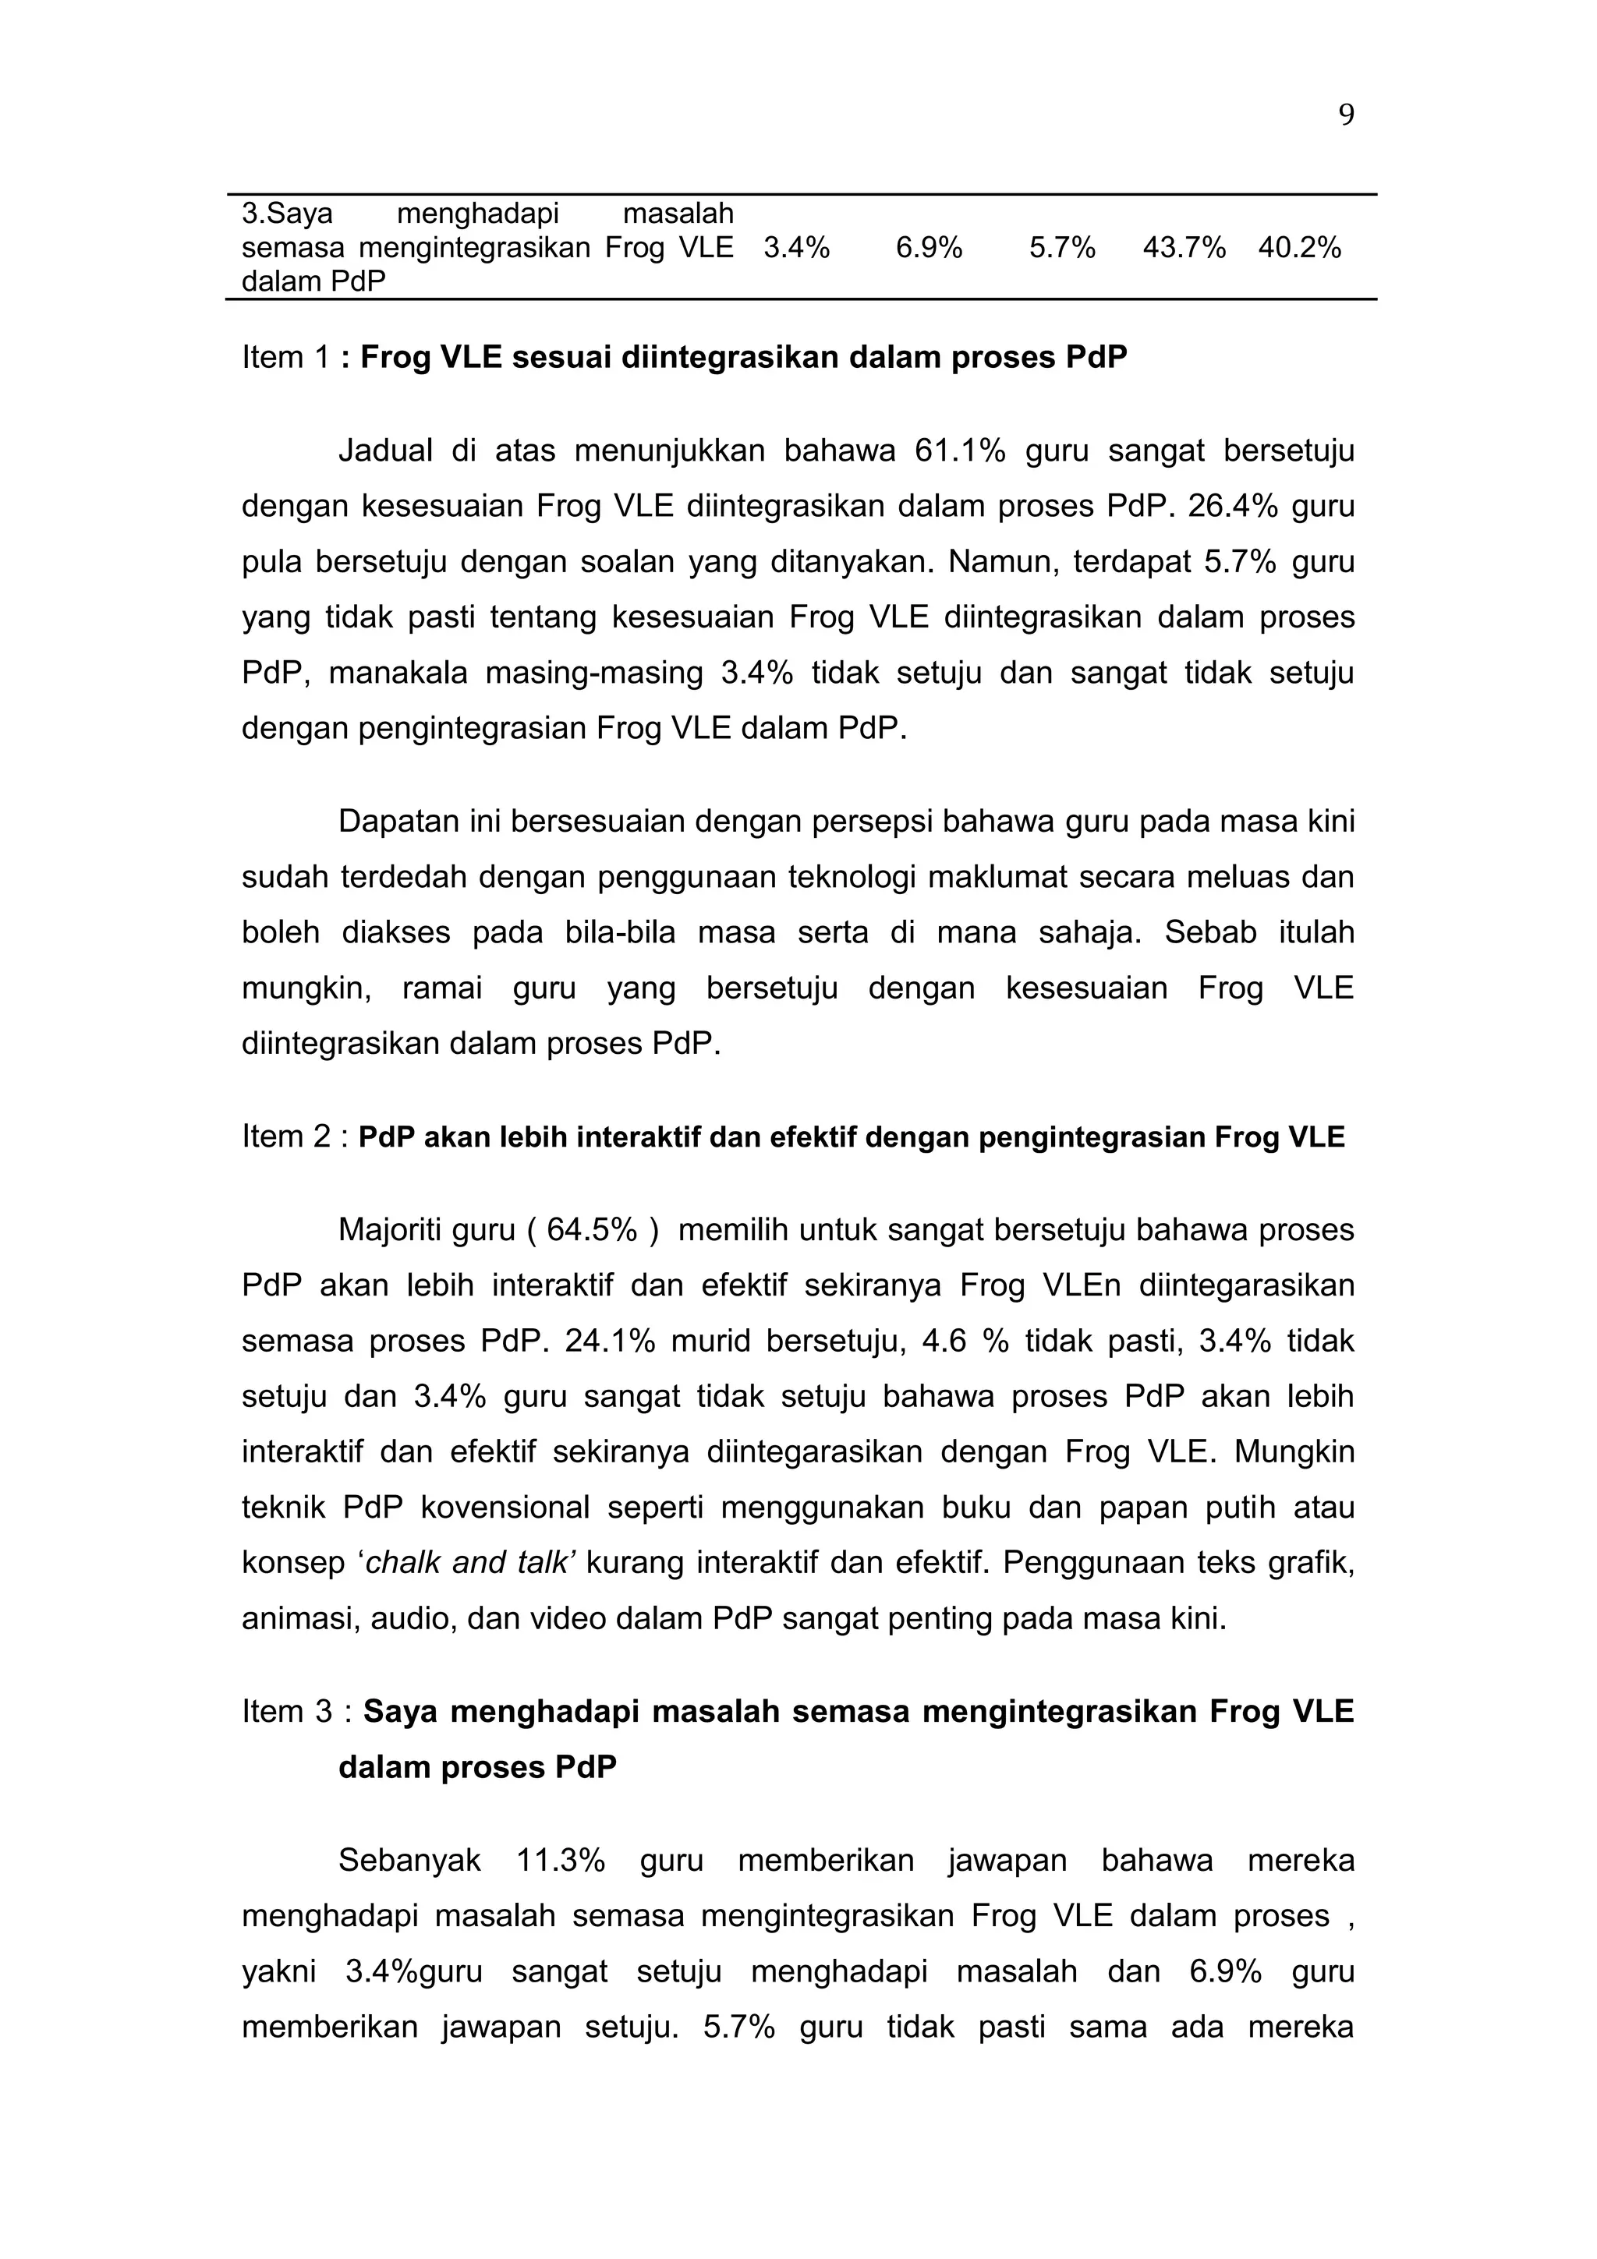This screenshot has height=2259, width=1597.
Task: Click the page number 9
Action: pyautogui.click(x=1346, y=116)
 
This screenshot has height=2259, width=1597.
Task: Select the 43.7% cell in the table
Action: pyautogui.click(x=1184, y=248)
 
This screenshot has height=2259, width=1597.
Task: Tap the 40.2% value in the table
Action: pyautogui.click(x=1299, y=248)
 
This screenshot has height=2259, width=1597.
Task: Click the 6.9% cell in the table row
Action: pyautogui.click(x=928, y=248)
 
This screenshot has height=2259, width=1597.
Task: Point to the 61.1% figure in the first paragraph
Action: pyautogui.click(x=959, y=451)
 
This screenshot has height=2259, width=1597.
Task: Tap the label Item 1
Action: pyautogui.click(x=285, y=357)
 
